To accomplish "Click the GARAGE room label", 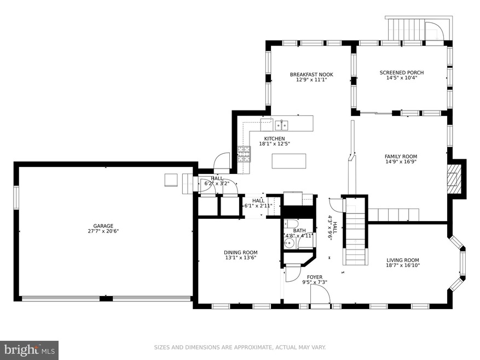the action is coord(103,226).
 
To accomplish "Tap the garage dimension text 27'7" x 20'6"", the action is coord(103,231).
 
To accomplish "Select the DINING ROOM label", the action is coord(241,253).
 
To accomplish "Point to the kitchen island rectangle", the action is coord(289,161).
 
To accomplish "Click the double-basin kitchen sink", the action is coord(281,125).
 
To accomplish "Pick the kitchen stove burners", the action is coord(244,154).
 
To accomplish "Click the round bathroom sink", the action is coord(288,244).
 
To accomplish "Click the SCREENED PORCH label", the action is coord(402,73).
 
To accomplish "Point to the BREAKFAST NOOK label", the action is coord(311,74).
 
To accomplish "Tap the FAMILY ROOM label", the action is coord(401,156).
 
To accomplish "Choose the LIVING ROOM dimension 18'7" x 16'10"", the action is coord(402,265).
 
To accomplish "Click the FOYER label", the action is coord(315,277).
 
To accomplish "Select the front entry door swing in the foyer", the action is coord(320,294).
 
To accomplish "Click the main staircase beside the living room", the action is coord(355,231).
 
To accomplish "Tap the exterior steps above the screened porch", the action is coord(406,29).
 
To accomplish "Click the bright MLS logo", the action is coord(30,350).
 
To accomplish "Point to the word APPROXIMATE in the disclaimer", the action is coord(253,347).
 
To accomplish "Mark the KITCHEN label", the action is coord(274,138).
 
